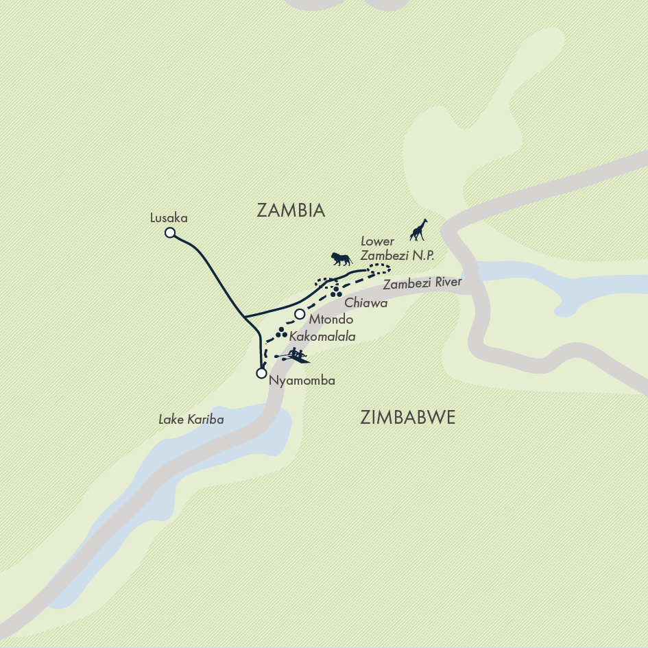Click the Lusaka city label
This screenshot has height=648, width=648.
click(x=169, y=218)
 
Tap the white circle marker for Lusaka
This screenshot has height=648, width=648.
click(x=170, y=233)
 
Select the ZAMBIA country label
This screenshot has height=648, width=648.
click(x=291, y=211)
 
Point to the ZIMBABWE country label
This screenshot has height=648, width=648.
click(x=407, y=418)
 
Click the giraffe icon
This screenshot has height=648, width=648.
click(x=419, y=230)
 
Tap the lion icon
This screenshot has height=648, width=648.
click(x=341, y=259)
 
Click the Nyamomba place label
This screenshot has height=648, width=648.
click(x=302, y=381)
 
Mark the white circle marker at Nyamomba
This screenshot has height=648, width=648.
click(x=261, y=374)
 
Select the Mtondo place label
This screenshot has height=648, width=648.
click(x=331, y=320)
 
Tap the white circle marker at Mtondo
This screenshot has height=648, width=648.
click(x=300, y=314)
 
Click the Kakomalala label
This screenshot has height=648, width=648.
click(x=322, y=337)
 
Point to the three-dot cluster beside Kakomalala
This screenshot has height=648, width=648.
click(x=280, y=333)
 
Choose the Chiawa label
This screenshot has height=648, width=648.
click(x=366, y=302)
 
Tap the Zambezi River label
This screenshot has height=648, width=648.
click(x=422, y=283)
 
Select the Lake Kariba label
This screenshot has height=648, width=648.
click(x=191, y=419)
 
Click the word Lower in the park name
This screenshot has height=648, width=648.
click(x=378, y=241)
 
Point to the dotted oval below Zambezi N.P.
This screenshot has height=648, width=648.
click(x=378, y=269)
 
